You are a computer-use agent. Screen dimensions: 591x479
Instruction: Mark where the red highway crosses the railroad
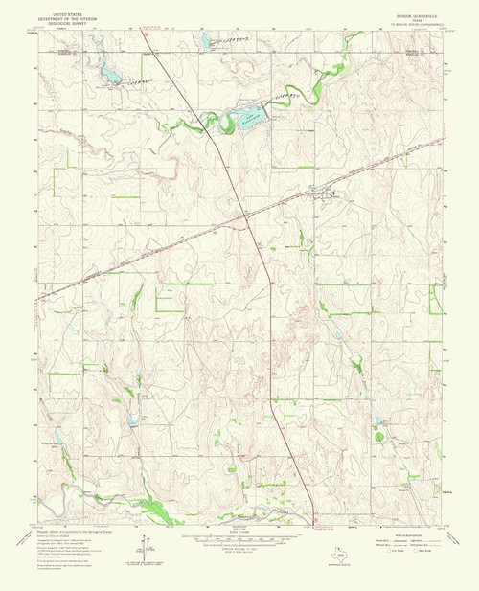pyautogui.click(x=246, y=217)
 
